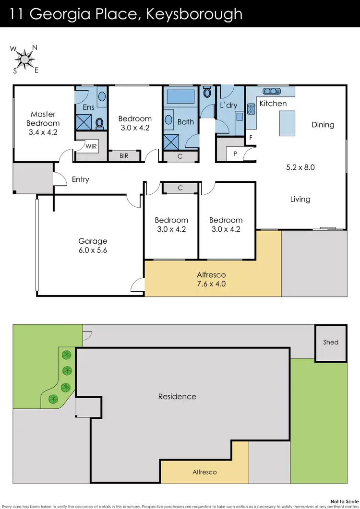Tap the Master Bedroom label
click(x=43, y=123)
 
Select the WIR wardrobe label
click(x=91, y=146)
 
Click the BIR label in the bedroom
click(x=124, y=156)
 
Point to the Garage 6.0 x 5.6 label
click(x=93, y=246)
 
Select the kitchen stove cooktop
click(x=251, y=109)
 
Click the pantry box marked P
click(x=235, y=154)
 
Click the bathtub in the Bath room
click(x=180, y=97)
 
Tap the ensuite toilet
click(x=100, y=123)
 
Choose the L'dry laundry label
click(x=229, y=105)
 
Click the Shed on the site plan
click(x=330, y=343)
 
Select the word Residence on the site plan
click(x=177, y=397)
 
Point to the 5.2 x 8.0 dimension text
click(x=300, y=168)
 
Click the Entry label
click(x=80, y=179)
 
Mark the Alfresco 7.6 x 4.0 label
click(x=211, y=279)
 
